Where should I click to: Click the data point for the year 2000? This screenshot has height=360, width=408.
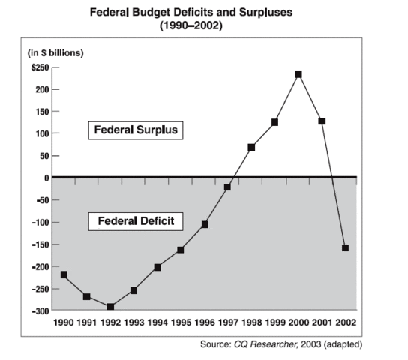[x=298, y=74]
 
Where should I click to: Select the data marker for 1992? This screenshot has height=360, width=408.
[x=110, y=306]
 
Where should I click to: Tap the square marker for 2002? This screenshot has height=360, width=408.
[x=345, y=247]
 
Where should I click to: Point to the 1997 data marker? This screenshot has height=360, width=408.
[x=228, y=187]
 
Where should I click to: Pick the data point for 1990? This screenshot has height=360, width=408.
[x=64, y=274]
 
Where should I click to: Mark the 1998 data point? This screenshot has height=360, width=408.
[x=251, y=147]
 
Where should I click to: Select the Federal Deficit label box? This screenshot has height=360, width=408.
[x=136, y=222]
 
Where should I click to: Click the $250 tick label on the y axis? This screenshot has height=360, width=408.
[x=38, y=67]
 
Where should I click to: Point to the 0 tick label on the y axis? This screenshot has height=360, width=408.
[x=44, y=178]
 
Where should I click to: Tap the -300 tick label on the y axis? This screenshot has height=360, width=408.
[x=37, y=310]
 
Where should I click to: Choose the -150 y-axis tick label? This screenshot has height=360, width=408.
[x=37, y=244]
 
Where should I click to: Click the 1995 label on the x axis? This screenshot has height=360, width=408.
[x=181, y=322]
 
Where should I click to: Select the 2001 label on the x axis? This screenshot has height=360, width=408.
[x=322, y=322]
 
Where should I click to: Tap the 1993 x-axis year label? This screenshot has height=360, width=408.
[x=133, y=322]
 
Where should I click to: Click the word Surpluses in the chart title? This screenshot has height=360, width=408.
[x=253, y=13]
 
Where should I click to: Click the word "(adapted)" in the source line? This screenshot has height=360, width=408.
[x=342, y=343]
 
